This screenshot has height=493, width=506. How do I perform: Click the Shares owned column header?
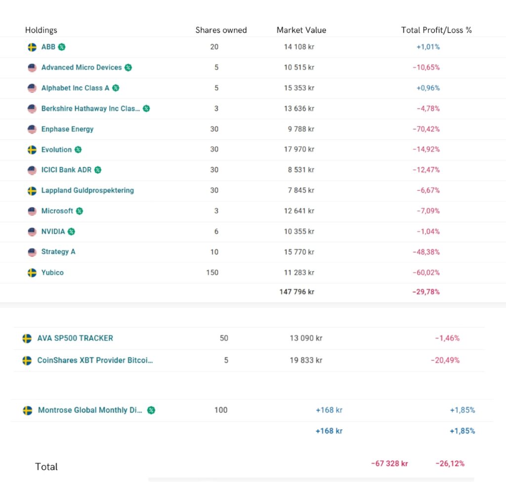coord(221,30)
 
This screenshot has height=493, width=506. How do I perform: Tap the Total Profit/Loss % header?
coord(436,30)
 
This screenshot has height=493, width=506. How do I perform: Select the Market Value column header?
coord(301,30)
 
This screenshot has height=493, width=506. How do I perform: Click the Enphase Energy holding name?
coord(67,129)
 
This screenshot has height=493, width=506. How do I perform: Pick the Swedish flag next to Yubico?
coord(32,273)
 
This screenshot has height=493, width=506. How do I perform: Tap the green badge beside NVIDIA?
coord(72,231)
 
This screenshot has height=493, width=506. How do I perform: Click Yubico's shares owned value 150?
coord(212,272)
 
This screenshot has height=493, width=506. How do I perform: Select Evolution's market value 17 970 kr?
coord(299,149)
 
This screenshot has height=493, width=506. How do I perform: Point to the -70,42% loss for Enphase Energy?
coord(426,129)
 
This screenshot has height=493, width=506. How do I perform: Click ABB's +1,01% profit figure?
coord(428,47)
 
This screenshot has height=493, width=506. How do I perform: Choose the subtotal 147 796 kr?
coord(296,291)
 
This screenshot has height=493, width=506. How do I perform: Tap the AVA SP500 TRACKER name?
coord(75,338)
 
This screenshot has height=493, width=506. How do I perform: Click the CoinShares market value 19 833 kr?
coord(306,360)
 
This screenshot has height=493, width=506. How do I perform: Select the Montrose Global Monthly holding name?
coord(90,410)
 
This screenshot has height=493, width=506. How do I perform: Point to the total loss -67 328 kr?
coord(389,463)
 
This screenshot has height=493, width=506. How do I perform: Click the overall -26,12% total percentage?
coord(450,463)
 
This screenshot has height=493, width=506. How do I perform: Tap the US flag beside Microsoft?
coord(32,211)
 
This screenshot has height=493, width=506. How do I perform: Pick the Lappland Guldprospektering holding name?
coord(87,190)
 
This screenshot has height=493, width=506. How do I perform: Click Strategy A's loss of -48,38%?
coord(426,252)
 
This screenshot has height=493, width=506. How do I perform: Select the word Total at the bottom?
coord(46,467)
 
